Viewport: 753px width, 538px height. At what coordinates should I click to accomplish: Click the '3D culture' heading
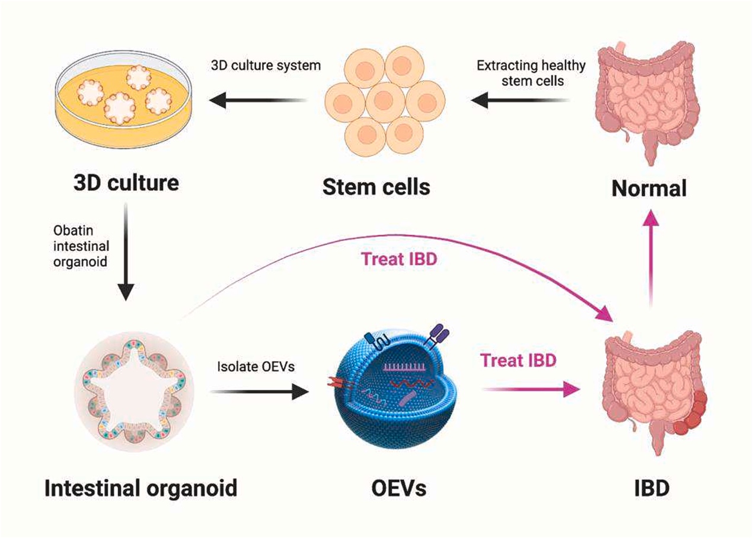[126, 183]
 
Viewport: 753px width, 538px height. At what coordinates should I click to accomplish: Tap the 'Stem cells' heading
[376, 187]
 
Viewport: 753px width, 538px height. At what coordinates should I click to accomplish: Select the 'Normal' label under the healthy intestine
[649, 188]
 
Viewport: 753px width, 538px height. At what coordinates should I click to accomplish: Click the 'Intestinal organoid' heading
[141, 488]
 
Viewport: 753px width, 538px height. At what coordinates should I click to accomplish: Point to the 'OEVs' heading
[398, 488]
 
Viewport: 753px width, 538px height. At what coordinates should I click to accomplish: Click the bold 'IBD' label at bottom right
[652, 488]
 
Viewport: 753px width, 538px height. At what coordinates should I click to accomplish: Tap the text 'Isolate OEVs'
[256, 367]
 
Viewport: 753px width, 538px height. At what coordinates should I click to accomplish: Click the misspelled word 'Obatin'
[74, 231]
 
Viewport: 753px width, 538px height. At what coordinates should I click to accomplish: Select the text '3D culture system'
[266, 65]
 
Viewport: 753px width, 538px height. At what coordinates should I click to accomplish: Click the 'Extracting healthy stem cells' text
[531, 73]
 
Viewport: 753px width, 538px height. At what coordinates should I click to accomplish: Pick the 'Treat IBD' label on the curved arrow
[399, 259]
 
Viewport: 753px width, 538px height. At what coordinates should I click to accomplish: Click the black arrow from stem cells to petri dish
[258, 100]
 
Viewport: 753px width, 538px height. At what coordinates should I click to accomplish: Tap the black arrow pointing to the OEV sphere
[259, 391]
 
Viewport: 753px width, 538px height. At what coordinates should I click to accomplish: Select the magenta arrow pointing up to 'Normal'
[651, 258]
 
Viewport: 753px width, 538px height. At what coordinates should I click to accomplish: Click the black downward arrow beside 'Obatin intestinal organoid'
[126, 252]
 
